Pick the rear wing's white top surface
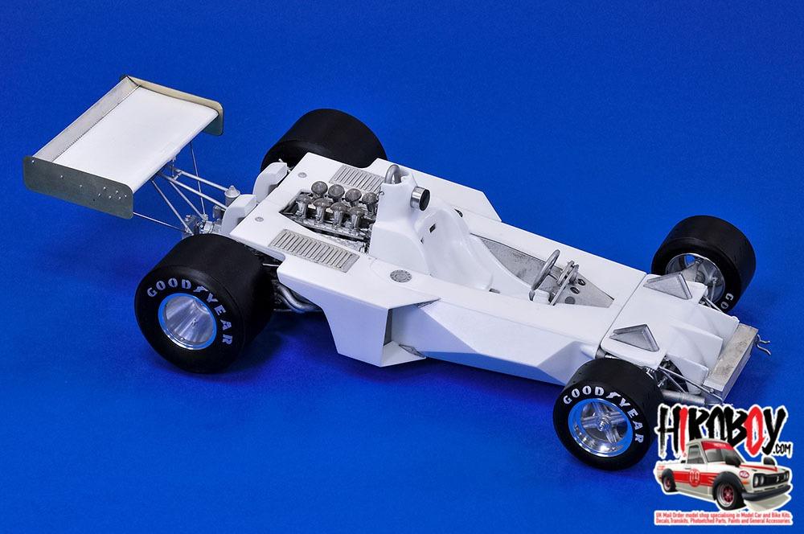pyautogui.click(x=129, y=129)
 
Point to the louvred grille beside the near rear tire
pyautogui.click(x=313, y=249)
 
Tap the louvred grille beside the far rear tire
pyautogui.click(x=357, y=179)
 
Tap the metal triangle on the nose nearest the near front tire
pyautogui.click(x=634, y=337)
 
